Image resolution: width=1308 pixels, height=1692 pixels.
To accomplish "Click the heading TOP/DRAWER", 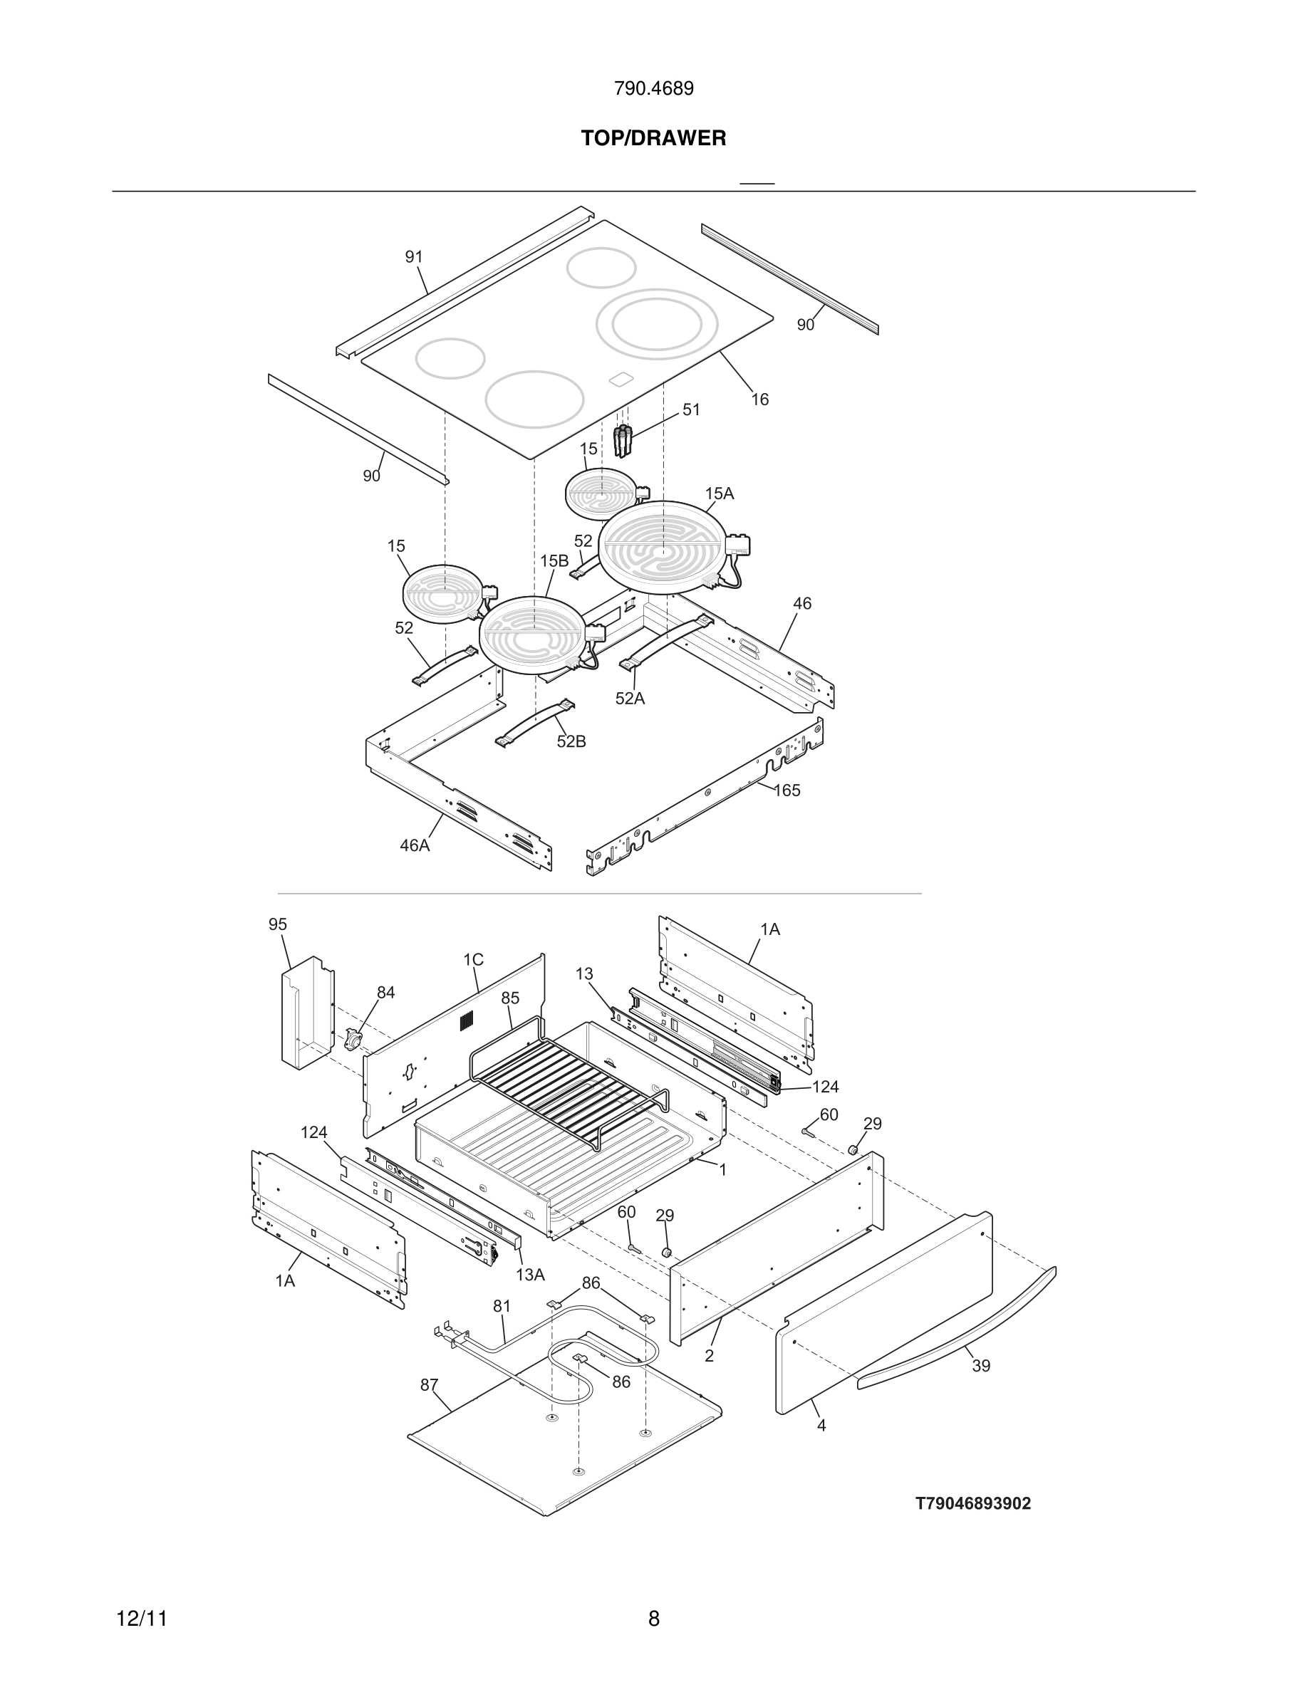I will [653, 139].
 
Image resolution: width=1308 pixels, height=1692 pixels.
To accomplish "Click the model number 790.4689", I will [653, 89].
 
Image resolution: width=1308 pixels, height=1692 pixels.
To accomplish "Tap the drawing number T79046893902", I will [973, 1504].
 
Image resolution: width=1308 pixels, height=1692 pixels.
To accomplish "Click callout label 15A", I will [719, 493].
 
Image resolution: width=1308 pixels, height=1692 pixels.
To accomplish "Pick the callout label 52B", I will [571, 741].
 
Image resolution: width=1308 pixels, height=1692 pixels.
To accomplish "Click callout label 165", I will [787, 790].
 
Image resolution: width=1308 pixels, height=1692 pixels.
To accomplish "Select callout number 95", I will [277, 924].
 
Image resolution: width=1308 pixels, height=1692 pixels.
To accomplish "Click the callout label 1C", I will [474, 960].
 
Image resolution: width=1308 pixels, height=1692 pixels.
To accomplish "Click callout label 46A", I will [415, 845].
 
